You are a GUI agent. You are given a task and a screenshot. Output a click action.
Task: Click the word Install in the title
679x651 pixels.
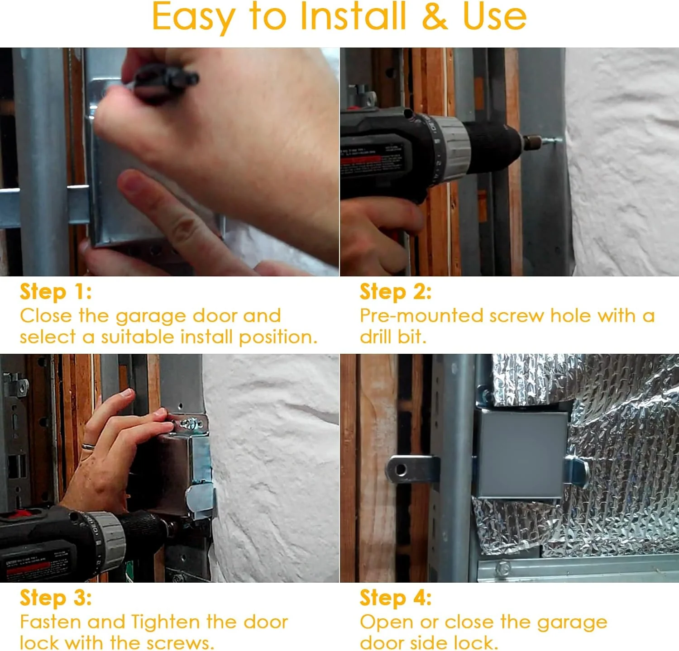[x=353, y=16]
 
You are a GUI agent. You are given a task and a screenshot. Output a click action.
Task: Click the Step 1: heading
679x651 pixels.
[x=56, y=292]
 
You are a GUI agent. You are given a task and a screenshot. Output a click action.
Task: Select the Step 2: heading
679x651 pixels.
[x=396, y=292]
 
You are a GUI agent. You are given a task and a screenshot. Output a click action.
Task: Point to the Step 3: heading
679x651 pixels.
[x=56, y=598]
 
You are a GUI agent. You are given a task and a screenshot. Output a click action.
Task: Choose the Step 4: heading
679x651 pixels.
[x=396, y=598]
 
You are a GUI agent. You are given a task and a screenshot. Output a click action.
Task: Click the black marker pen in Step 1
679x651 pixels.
[x=163, y=81]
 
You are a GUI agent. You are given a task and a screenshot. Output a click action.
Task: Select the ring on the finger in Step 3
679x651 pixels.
[x=88, y=447]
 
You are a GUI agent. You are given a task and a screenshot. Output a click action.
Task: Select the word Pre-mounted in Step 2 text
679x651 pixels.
[x=421, y=316]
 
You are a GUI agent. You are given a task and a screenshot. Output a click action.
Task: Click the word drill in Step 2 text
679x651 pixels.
[x=373, y=337]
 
